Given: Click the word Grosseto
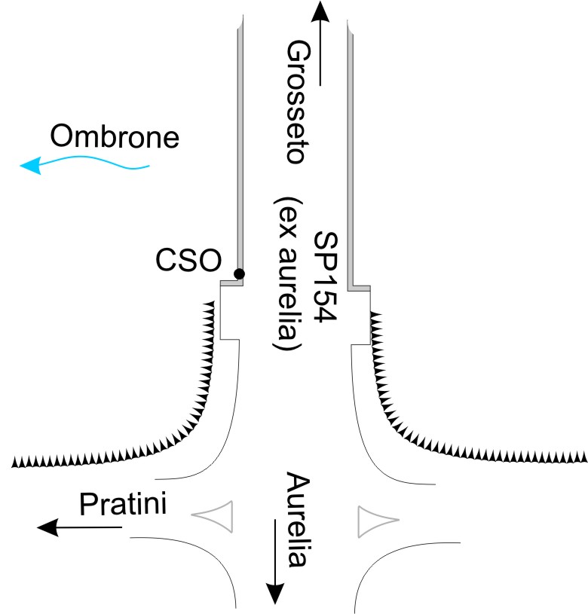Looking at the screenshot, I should pos(294,102).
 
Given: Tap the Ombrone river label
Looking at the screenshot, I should pos(115,138).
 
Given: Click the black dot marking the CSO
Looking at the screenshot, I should pos(239,273).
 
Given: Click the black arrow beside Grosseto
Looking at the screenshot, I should pos(320,41).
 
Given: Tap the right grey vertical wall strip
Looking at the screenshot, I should pos(351,151).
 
